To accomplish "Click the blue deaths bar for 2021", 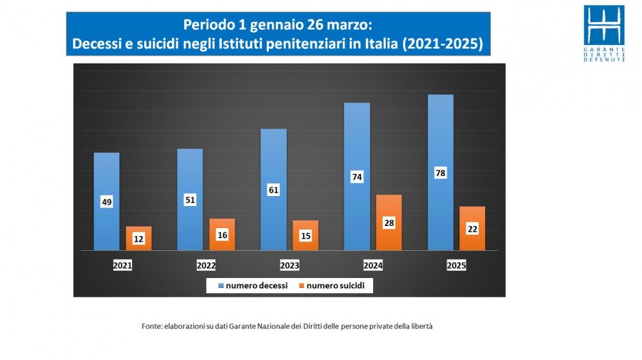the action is click(x=106, y=201).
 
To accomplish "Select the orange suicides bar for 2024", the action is click(x=389, y=222).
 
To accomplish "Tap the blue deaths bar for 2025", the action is click(x=441, y=173).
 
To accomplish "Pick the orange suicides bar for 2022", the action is click(x=222, y=235).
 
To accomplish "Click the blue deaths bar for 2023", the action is click(x=273, y=190).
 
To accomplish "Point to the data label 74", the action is click(x=357, y=177).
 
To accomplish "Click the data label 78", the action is click(x=441, y=173).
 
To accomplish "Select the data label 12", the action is click(x=138, y=239).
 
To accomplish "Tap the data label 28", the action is click(x=389, y=223).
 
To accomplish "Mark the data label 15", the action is click(x=305, y=236).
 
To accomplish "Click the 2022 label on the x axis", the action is click(x=206, y=265).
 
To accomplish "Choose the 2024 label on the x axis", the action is click(x=373, y=265).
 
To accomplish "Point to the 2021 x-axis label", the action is click(x=123, y=265).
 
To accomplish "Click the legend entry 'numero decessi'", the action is click(x=253, y=286).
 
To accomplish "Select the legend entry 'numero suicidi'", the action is click(x=332, y=286).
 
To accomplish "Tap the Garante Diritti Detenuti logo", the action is click(x=604, y=33).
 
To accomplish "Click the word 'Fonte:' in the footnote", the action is click(x=152, y=326).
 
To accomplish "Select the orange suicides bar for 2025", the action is click(x=472, y=228).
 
